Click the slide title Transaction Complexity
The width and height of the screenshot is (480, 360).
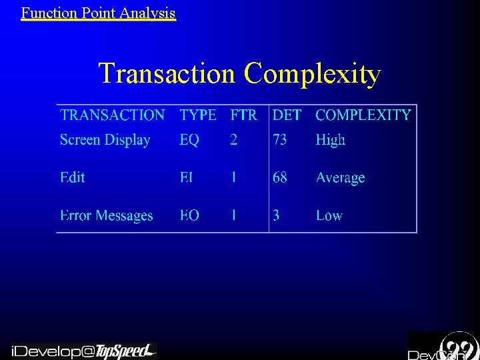point(240,73)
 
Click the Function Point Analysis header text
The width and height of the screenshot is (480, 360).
point(98,12)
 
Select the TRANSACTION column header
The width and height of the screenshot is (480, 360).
point(112,115)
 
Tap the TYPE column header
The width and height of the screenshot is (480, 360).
point(198,115)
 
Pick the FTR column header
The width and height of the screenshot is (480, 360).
point(243,115)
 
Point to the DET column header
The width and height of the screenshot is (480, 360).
point(287,115)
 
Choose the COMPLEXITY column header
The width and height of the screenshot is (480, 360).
point(363,115)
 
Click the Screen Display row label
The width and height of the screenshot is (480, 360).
point(105,140)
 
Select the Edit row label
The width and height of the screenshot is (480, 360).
point(73,177)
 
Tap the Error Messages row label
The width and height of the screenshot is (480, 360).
point(107,215)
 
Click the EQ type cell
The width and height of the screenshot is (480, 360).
point(189,140)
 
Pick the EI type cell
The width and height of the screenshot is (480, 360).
point(187,177)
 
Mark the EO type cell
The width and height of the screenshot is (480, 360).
point(189,215)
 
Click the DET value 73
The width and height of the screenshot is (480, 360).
point(280,140)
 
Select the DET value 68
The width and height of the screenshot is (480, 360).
point(280,177)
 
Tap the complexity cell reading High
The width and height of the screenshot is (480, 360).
point(331,140)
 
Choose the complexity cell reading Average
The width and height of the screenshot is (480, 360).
point(341,178)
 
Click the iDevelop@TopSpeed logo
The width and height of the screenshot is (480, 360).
point(83,351)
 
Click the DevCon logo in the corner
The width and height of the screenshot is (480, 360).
point(443,347)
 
